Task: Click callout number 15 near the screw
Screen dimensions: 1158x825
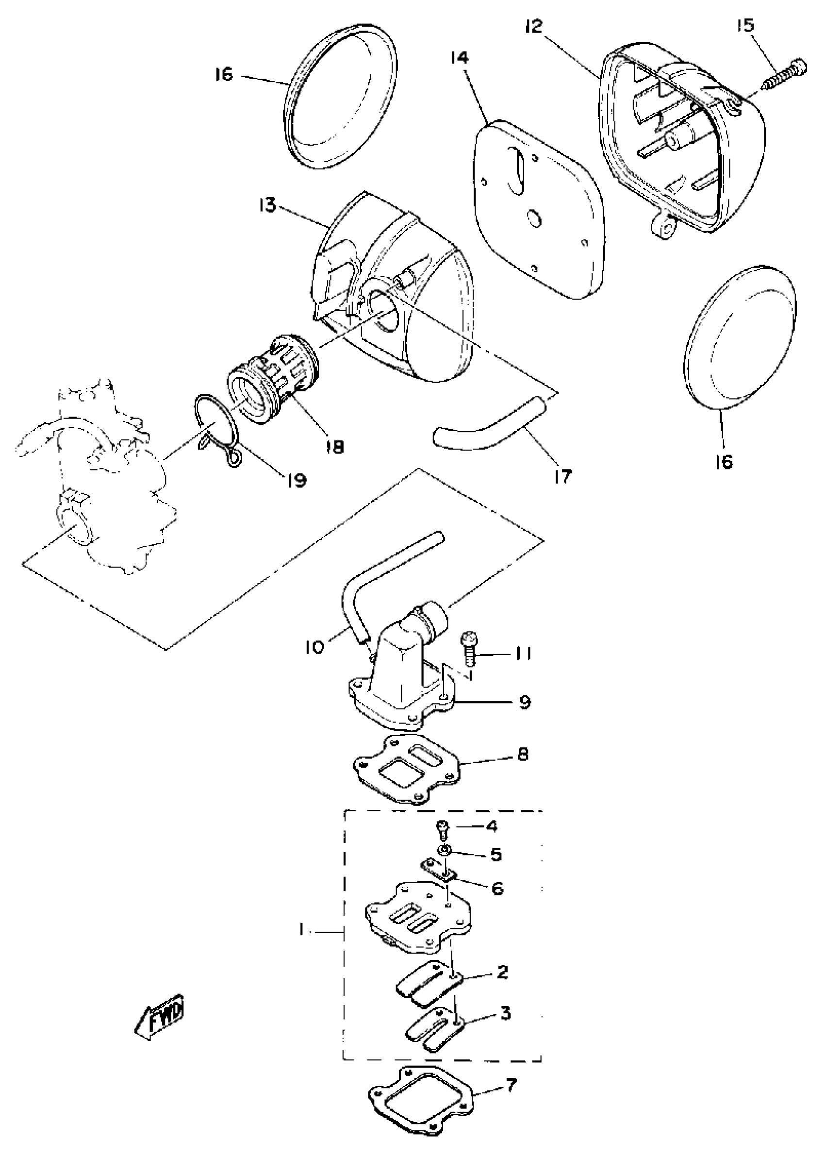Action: tap(746, 26)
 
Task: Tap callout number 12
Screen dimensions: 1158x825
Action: tap(534, 26)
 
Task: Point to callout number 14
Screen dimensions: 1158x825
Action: tap(459, 58)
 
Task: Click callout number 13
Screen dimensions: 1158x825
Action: tap(267, 206)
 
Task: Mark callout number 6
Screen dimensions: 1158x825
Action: tap(497, 888)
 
